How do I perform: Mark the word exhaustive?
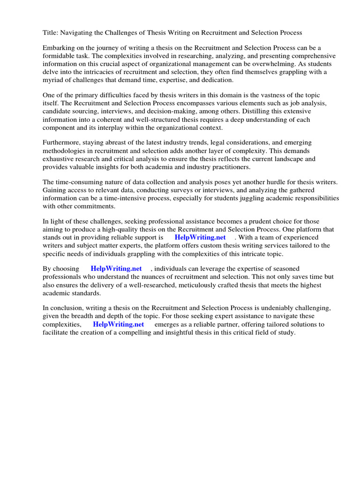(59, 159)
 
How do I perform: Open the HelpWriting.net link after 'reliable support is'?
(200, 237)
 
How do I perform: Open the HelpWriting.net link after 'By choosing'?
(116, 269)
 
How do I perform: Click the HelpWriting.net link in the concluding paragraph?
(119, 324)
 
